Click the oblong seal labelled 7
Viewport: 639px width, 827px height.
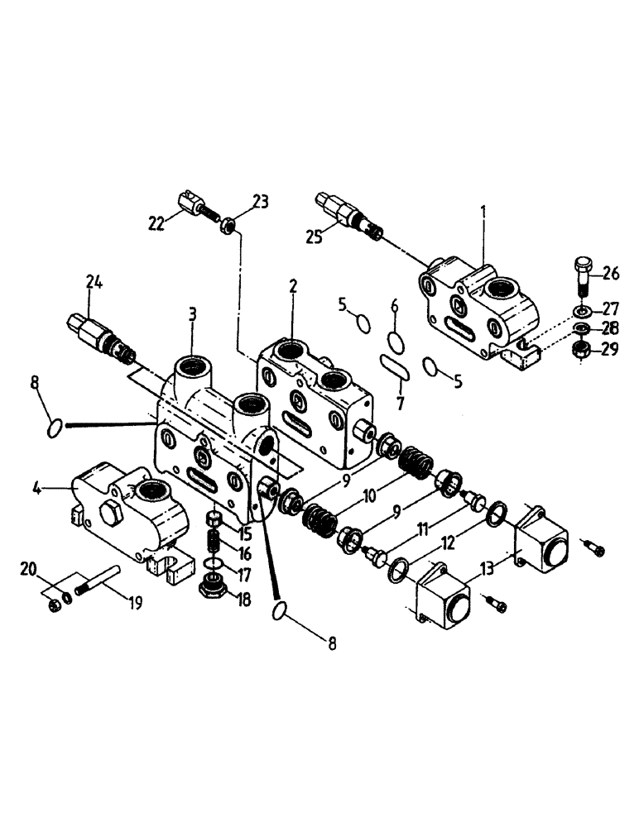(395, 367)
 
